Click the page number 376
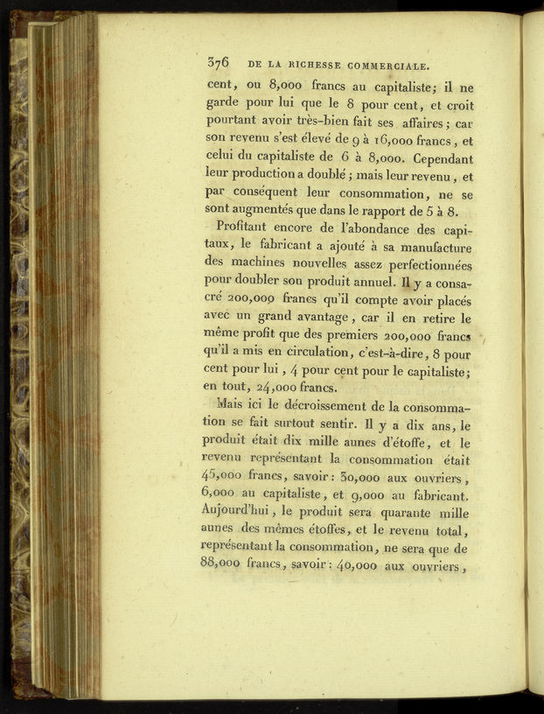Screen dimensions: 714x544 pyautogui.click(x=218, y=62)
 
